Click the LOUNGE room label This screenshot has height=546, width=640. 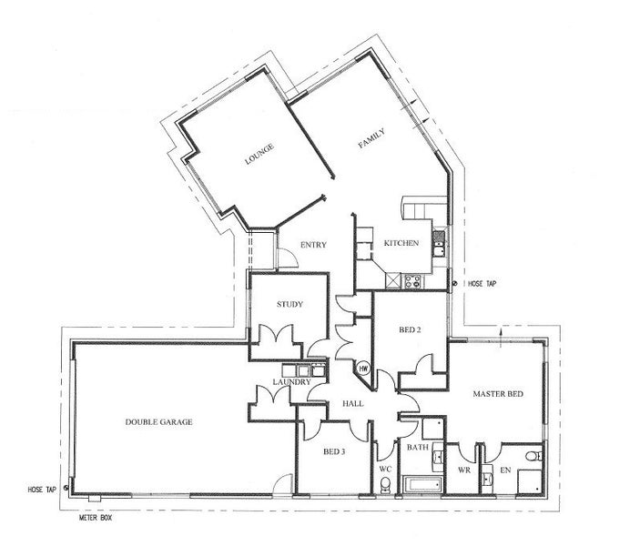pyautogui.click(x=259, y=155)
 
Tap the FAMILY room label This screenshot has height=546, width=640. pyautogui.click(x=371, y=138)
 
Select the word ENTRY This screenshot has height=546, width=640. pyautogui.click(x=313, y=245)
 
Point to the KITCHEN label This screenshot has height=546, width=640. pyautogui.click(x=401, y=243)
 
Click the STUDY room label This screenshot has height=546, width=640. pyautogui.click(x=290, y=304)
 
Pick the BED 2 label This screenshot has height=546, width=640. pyautogui.click(x=410, y=329)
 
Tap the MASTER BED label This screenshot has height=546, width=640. pyautogui.click(x=498, y=394)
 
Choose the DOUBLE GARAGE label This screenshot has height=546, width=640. pyautogui.click(x=158, y=422)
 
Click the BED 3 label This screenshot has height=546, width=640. pyautogui.click(x=334, y=451)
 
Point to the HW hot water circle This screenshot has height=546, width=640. pyautogui.click(x=363, y=369)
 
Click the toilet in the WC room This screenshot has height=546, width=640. pyautogui.click(x=385, y=485)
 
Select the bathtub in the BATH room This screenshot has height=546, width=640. pyautogui.click(x=422, y=485)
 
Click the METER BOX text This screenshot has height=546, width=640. pyautogui.click(x=95, y=519)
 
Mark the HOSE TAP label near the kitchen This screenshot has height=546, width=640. pyautogui.click(x=482, y=284)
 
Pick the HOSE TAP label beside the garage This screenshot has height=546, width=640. pyautogui.click(x=42, y=490)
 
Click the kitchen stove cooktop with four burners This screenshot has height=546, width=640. pyautogui.click(x=413, y=281)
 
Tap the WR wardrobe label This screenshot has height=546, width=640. pyautogui.click(x=464, y=470)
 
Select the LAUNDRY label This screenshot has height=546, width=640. pyautogui.click(x=292, y=382)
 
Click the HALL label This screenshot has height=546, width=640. pyautogui.click(x=353, y=404)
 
